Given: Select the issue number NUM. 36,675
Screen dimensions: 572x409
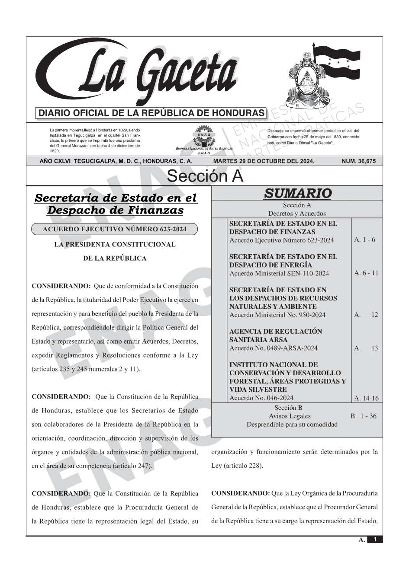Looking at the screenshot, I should (359, 161).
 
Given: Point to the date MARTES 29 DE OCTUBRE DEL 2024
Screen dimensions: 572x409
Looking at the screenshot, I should (264, 161).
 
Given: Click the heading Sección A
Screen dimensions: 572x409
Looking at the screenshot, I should (205, 176).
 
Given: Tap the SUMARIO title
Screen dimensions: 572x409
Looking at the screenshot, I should (297, 193).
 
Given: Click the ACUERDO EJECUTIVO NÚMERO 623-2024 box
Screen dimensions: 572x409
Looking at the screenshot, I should (114, 229).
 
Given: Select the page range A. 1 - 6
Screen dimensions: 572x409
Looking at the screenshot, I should (364, 240).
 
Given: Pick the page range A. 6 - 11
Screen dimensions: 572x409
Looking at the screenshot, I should (366, 273).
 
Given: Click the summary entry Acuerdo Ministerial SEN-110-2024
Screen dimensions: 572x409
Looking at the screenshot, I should (279, 273).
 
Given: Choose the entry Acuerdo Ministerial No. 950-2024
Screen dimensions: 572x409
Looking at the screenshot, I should (277, 315).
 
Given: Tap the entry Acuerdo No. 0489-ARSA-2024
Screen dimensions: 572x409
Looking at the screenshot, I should (273, 348).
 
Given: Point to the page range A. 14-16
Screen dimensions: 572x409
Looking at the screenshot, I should (366, 398).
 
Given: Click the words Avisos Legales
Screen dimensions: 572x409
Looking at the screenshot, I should (290, 416).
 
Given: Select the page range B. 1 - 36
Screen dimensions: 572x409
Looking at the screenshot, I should (363, 416).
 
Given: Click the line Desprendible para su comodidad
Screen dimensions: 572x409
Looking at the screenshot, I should (292, 425).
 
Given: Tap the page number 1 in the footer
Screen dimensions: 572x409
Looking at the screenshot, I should (375, 540).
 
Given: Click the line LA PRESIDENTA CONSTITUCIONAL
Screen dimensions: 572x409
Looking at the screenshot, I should (114, 245).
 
